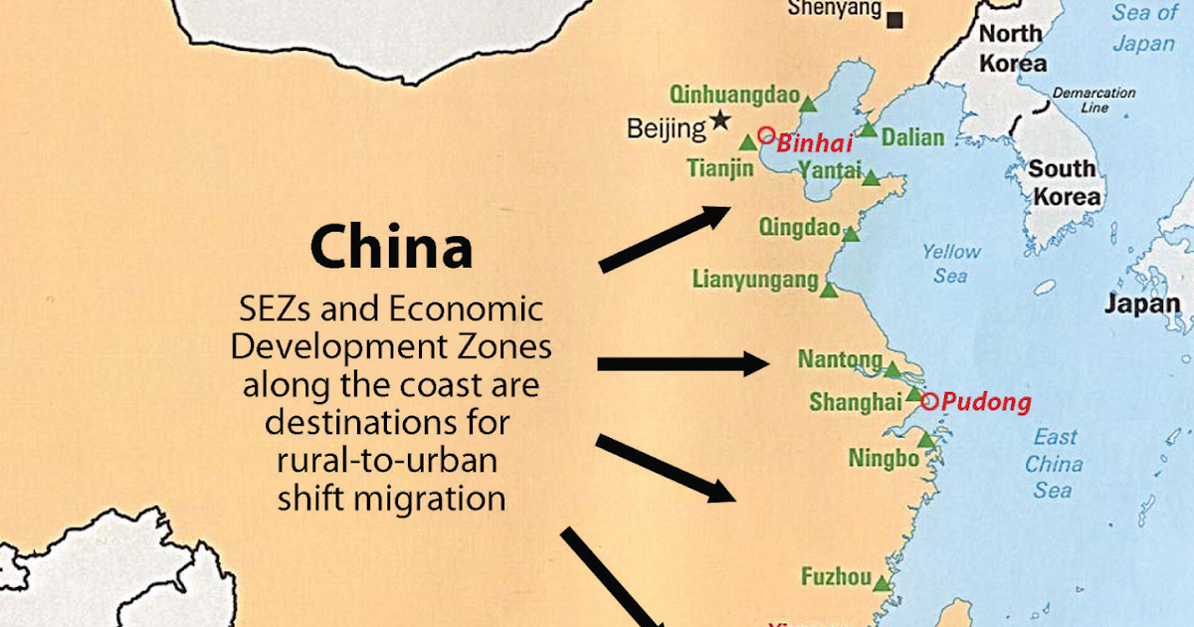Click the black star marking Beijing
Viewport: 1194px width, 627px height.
(x=720, y=122)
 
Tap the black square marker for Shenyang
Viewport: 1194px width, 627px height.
(x=896, y=18)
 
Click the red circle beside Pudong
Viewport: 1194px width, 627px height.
(x=929, y=402)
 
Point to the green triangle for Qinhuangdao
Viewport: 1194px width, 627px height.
(x=809, y=103)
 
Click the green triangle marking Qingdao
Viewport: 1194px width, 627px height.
(x=851, y=235)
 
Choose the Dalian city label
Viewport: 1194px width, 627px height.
(x=912, y=137)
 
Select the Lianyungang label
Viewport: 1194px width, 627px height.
(x=755, y=280)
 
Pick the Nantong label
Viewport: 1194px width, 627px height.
(x=840, y=359)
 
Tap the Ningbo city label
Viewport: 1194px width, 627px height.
(x=884, y=459)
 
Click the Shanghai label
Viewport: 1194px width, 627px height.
(x=855, y=402)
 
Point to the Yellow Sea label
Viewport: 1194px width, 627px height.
(x=951, y=264)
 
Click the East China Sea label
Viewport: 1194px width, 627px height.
(x=1054, y=463)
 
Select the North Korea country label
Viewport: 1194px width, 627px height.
(x=1013, y=49)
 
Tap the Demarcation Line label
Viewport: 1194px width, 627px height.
(x=1094, y=100)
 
